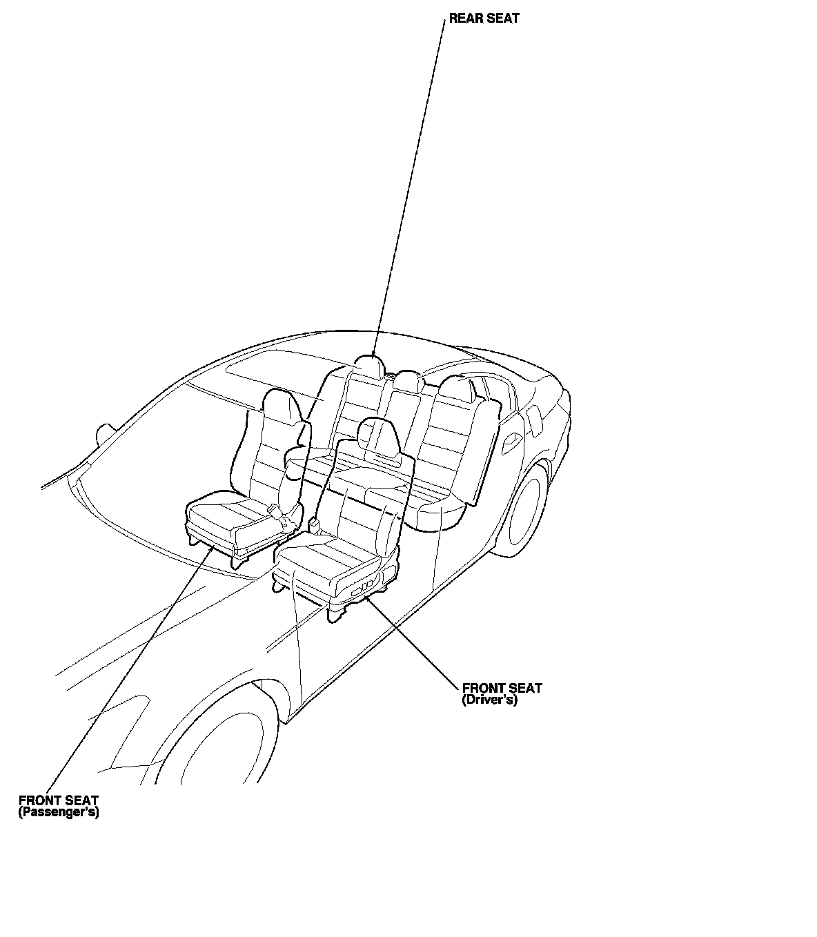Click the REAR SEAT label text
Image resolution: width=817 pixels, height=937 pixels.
coord(484,19)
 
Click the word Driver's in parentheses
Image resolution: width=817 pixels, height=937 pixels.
coord(489,700)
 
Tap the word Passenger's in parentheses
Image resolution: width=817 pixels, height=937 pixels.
coord(59,813)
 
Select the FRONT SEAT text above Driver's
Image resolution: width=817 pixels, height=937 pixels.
coord(502,688)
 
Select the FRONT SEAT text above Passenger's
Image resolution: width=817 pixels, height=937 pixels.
coord(59,801)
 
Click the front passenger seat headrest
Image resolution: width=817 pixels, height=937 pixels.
coord(282,407)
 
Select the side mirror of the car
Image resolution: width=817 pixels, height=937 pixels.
coord(106,433)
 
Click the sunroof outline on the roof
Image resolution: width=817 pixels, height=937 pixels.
coord(290,373)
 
